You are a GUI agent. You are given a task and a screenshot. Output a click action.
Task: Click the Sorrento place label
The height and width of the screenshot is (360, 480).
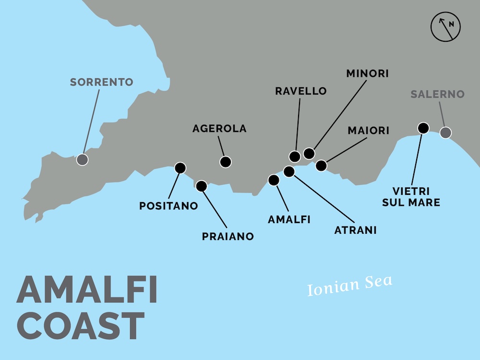(101, 82)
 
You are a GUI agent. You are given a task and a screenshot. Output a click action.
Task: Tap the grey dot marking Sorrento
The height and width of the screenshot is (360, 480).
(83, 159)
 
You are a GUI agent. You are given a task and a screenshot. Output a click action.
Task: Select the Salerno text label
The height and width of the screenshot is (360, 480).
(437, 94)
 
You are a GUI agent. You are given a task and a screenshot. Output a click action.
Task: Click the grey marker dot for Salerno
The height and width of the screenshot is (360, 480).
(446, 133)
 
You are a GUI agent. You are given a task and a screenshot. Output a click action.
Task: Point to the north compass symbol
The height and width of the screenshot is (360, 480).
(445, 27)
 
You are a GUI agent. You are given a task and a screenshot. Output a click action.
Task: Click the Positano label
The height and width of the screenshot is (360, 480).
(168, 206)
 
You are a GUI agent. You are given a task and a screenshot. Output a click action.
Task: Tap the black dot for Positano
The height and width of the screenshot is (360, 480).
(180, 168)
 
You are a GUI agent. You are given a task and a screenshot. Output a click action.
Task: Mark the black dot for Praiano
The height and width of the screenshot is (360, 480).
(202, 185)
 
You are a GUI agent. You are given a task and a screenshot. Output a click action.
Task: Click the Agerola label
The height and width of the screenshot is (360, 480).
(219, 129)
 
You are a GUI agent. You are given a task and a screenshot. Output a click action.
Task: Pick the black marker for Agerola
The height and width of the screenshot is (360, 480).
(225, 162)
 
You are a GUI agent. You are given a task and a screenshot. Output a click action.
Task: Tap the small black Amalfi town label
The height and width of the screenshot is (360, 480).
(289, 219)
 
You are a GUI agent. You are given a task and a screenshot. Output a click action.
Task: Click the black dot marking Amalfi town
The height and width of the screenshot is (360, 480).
(274, 180)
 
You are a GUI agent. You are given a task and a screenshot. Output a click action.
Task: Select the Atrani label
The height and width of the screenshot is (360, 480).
(355, 230)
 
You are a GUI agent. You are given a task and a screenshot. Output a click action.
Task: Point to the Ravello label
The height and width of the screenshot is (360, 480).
(301, 91)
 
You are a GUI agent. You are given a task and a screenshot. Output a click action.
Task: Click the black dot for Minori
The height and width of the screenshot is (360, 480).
(309, 154)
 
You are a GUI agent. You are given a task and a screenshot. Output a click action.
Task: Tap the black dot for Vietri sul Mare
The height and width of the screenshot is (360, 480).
(423, 128)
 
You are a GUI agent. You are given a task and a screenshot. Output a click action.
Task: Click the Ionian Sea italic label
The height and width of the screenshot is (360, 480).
(350, 285)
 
